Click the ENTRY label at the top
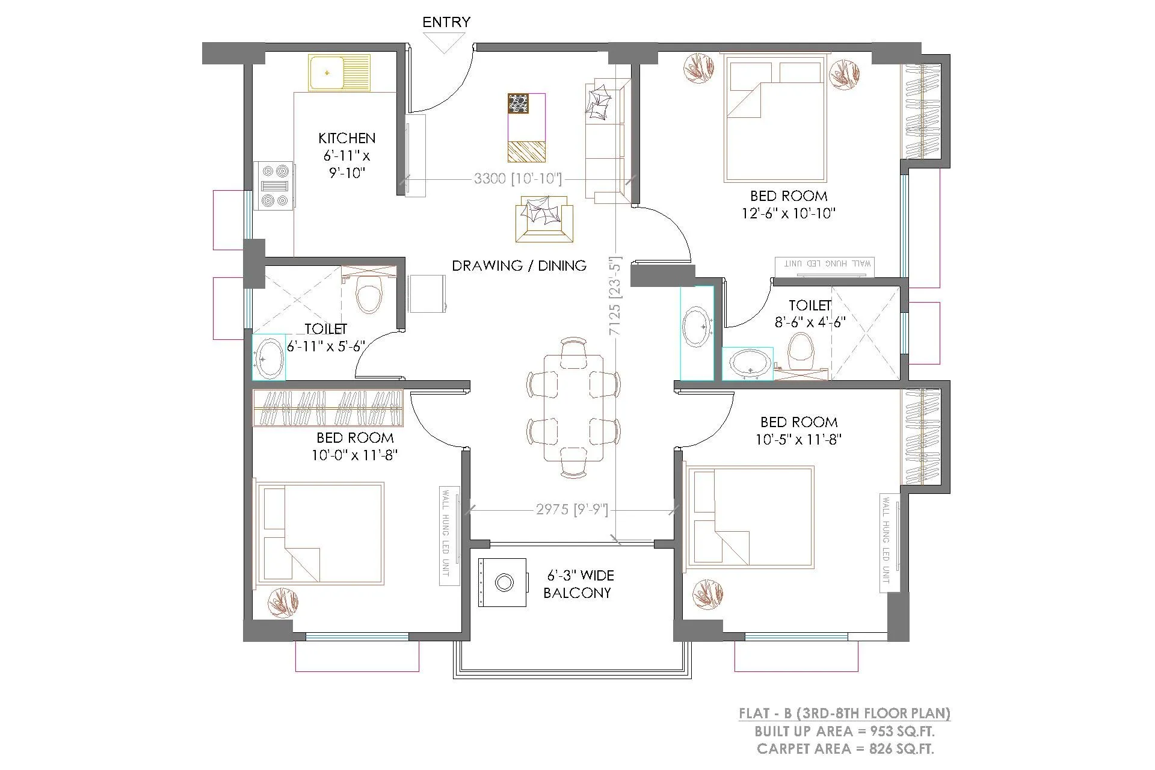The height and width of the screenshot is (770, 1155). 446,22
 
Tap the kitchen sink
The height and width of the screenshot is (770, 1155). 339,73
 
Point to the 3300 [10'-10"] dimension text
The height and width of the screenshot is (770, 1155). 517,179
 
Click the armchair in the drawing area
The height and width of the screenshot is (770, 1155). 544,219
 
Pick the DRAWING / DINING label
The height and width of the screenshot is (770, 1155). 519,265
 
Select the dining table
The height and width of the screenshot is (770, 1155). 573,408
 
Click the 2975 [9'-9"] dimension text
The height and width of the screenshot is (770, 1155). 571,510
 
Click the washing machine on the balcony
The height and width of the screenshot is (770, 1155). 504,582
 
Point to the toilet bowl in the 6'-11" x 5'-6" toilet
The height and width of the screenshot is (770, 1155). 368,295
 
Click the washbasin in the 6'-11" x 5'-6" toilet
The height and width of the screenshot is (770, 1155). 268,358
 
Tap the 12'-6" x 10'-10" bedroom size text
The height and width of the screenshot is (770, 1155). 788,213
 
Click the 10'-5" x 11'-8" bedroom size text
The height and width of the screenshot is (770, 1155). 798,440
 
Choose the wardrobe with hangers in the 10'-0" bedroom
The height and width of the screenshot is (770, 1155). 328,408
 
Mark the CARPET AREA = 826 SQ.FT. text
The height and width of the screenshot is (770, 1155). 845,749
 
